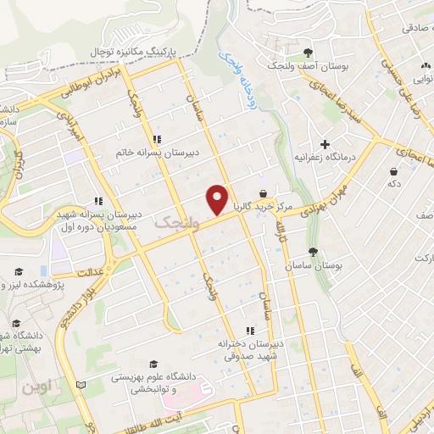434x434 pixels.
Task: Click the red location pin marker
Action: pyautogui.click(x=218, y=198)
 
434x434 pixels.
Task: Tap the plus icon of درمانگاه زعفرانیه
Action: pyautogui.click(x=324, y=144)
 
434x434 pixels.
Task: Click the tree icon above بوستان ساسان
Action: pyautogui.click(x=313, y=252)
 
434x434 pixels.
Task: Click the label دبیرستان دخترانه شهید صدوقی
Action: pyautogui.click(x=249, y=351)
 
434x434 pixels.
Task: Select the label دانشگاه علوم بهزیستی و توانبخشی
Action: pyautogui.click(x=154, y=380)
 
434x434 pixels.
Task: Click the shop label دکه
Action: pyautogui.click(x=392, y=183)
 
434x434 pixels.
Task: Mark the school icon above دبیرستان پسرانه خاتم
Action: pyautogui.click(x=156, y=139)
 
